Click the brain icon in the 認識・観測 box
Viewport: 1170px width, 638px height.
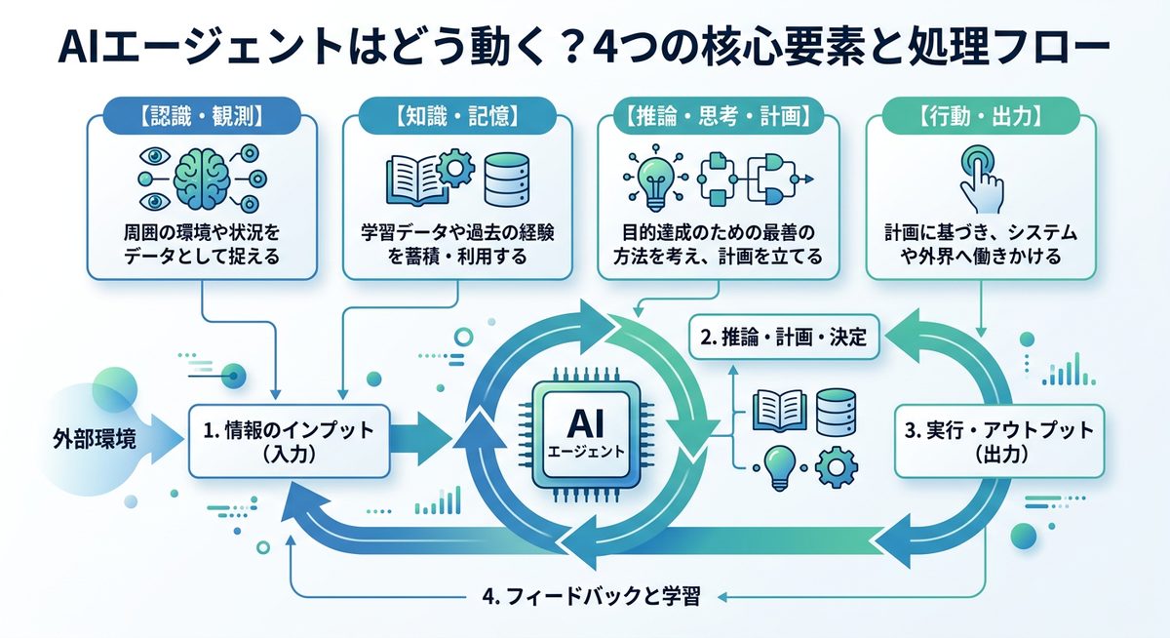pos(204,178)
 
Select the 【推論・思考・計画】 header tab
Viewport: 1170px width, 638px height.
pos(716,116)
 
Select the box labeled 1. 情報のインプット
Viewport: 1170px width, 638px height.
pos(289,440)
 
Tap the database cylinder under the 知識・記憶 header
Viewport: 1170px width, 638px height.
pos(506,179)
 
